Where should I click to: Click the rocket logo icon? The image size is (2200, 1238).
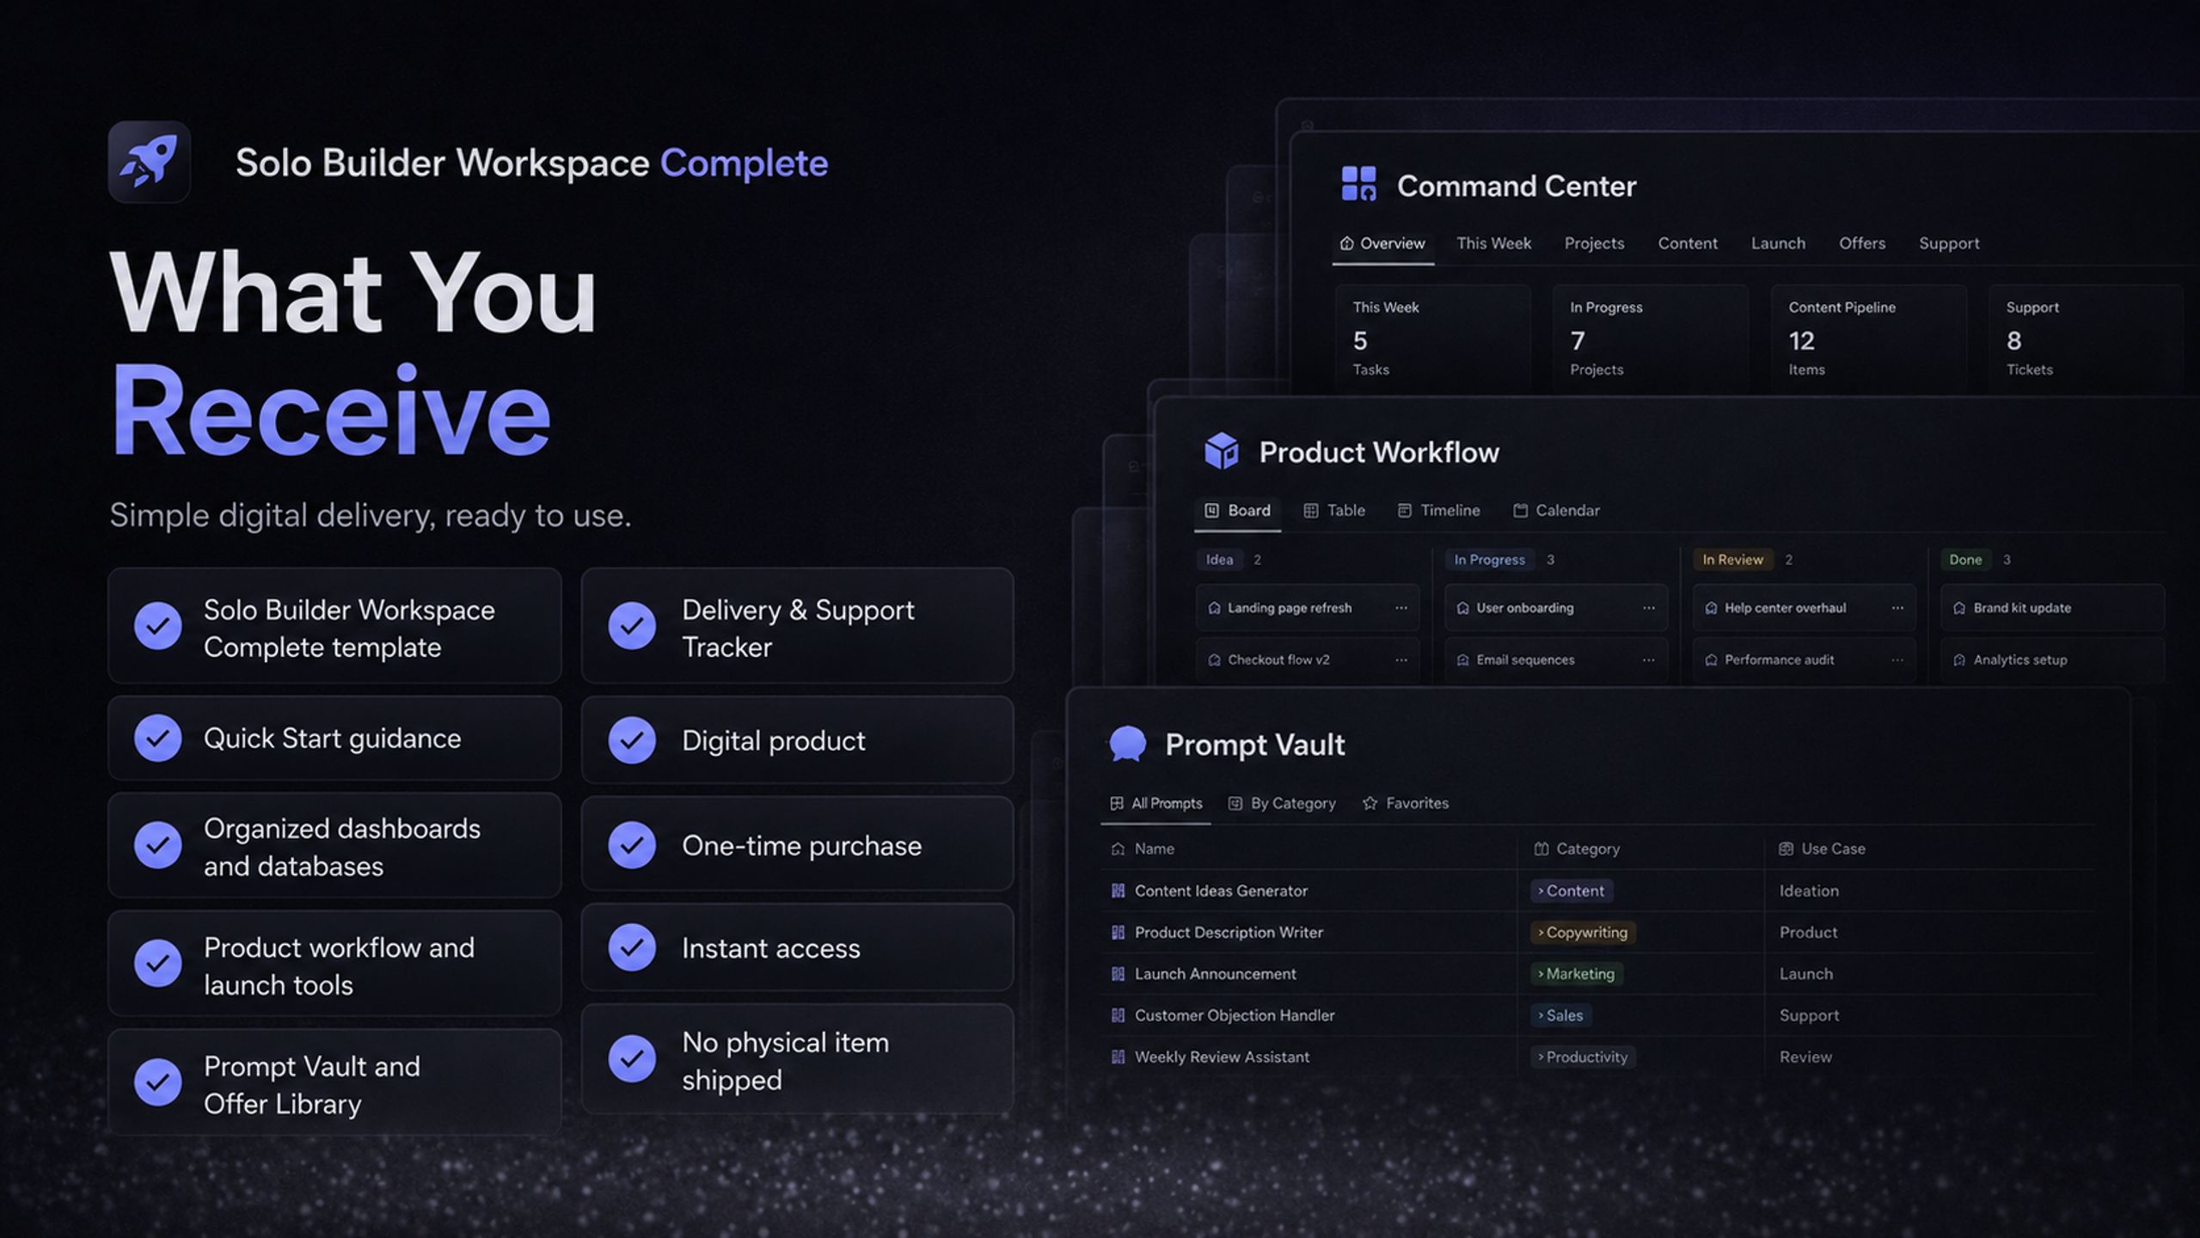point(149,162)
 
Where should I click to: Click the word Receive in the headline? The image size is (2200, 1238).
point(331,410)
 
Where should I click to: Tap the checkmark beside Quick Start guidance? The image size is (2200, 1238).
point(157,738)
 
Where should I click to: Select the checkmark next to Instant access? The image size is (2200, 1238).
point(632,947)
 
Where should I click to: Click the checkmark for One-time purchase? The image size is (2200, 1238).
point(632,845)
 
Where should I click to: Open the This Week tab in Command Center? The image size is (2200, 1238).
point(1493,243)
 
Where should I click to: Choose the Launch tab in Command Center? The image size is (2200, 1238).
point(1778,243)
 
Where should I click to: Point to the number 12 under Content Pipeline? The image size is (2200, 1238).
point(1801,341)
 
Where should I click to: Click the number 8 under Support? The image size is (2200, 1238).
point(2013,341)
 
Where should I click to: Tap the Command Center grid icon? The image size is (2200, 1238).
point(1358,184)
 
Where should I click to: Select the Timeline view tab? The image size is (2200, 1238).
point(1439,511)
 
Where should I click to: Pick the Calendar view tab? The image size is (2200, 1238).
point(1556,511)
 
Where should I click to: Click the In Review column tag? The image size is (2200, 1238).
point(1732,560)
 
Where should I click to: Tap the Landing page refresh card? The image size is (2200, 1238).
point(1307,608)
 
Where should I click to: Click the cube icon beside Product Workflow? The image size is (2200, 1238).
point(1221,451)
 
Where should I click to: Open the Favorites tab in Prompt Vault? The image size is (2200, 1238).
point(1406,803)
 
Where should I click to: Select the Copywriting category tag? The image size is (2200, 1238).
point(1583,932)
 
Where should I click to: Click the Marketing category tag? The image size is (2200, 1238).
point(1577,973)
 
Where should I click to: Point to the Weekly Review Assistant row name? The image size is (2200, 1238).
point(1222,1057)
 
